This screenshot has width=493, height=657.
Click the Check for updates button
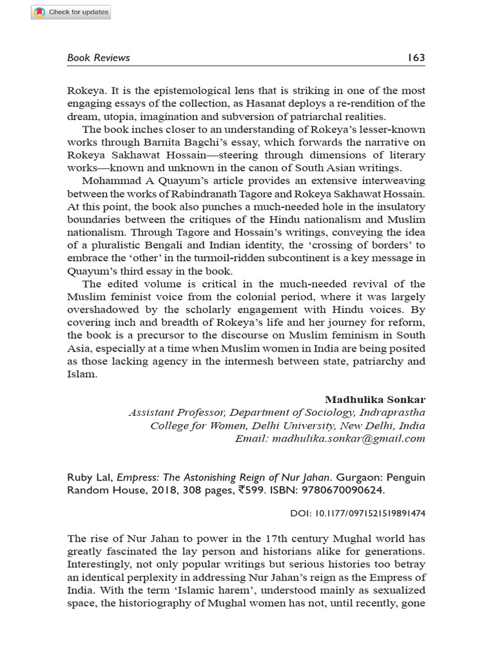click(71, 12)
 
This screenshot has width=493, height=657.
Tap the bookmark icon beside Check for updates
click(40, 12)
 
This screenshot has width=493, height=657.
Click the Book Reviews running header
click(98, 58)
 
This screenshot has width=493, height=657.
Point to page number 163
click(416, 58)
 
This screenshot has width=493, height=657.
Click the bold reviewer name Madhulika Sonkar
click(375, 400)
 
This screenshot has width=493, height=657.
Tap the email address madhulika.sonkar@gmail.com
click(349, 439)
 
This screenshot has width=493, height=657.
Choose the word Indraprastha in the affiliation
click(392, 413)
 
